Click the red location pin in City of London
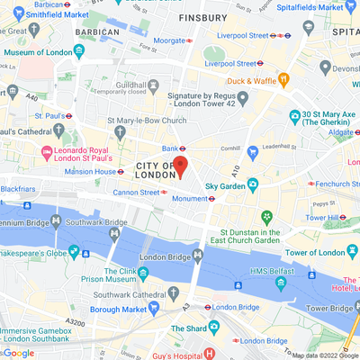point(179,167)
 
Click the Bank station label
point(168,148)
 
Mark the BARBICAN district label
point(98,31)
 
